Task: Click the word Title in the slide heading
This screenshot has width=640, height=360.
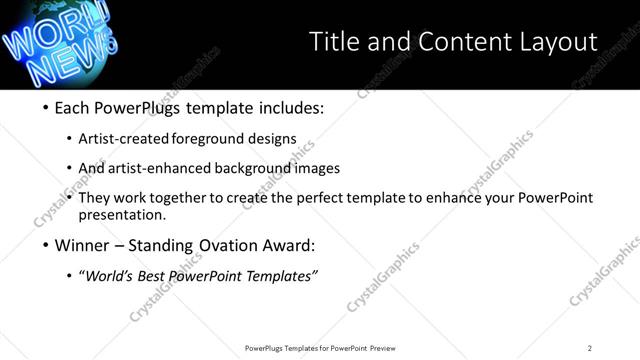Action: pos(335,41)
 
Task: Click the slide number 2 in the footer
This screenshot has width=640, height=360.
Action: pos(589,348)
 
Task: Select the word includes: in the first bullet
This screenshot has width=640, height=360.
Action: pos(290,108)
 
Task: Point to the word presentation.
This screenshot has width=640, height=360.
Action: pos(126,214)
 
